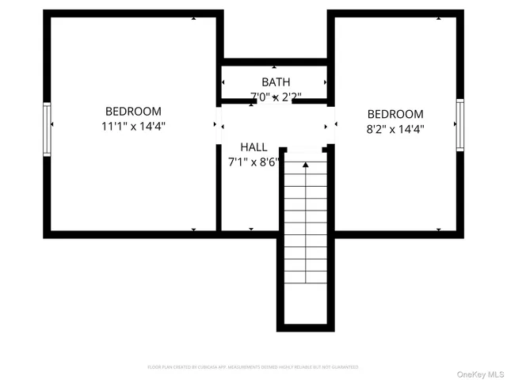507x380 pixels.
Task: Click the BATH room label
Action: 276,82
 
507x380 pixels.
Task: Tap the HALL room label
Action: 253,147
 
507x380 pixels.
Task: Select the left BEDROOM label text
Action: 133,112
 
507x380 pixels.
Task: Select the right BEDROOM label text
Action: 395,114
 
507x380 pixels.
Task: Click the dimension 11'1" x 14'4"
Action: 133,126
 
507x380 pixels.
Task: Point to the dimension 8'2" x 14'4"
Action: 395,128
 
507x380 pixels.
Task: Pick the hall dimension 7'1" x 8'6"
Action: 253,161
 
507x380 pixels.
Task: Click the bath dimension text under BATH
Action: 276,97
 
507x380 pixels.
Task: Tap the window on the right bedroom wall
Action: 459,124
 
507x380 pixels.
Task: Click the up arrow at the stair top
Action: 305,164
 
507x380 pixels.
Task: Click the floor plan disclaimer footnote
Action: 253,367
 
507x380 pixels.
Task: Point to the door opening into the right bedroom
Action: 332,124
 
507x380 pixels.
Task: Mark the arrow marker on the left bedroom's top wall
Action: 193,17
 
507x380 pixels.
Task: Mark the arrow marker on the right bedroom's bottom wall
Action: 438,230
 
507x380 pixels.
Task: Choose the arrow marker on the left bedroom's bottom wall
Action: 193,230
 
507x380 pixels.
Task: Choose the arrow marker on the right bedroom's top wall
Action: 438,17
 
